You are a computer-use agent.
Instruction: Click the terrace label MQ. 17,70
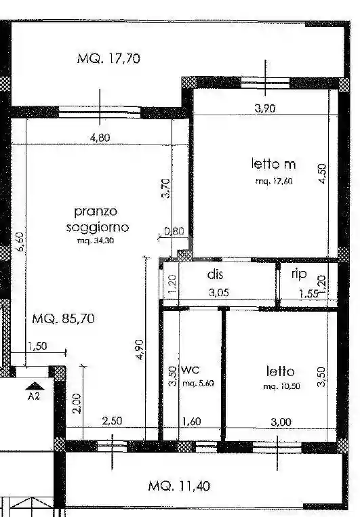(108, 58)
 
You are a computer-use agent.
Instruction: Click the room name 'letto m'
(274, 163)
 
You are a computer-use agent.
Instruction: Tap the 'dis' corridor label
(215, 274)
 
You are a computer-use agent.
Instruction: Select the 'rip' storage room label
(299, 274)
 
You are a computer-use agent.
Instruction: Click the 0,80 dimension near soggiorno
(174, 230)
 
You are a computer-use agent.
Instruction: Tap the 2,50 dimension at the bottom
(113, 421)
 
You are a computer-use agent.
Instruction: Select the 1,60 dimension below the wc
(193, 421)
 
